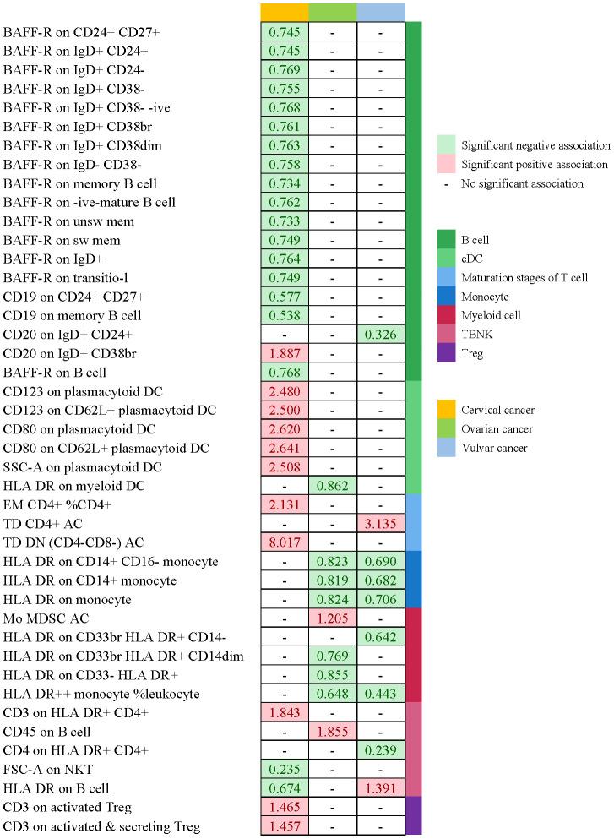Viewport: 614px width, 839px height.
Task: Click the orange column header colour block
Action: coord(285,11)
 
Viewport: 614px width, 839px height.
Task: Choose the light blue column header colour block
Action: coord(381,11)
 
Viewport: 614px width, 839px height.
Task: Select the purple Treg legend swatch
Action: coord(447,354)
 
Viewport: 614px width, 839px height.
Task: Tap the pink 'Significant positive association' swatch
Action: coord(447,165)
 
